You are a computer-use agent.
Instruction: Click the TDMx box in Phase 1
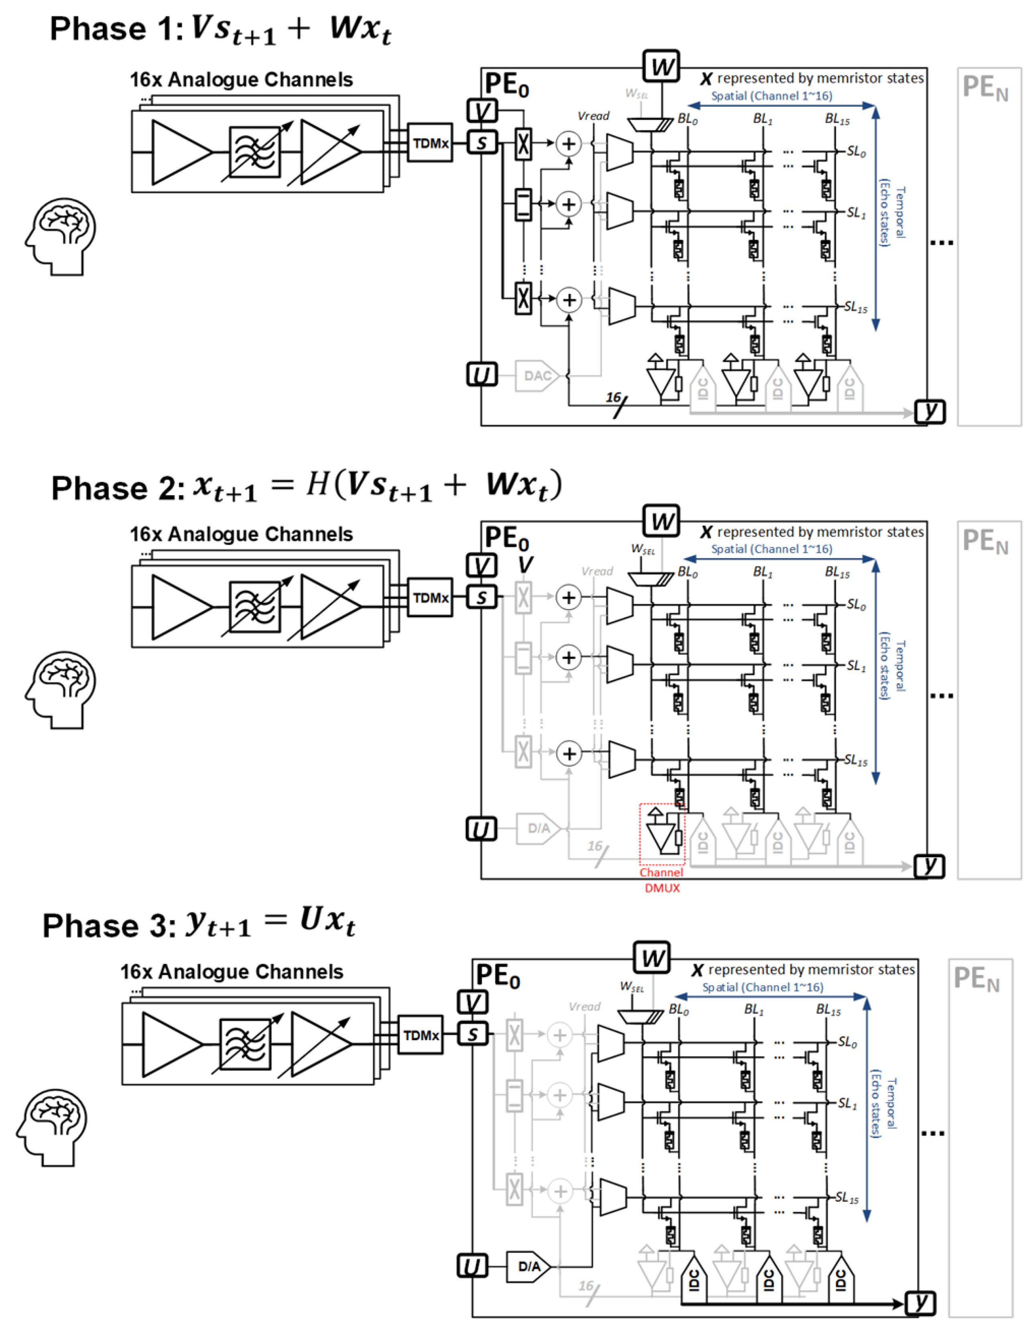tap(430, 143)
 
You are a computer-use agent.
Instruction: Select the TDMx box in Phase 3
tap(420, 1035)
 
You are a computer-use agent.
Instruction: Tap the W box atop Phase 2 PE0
tap(661, 522)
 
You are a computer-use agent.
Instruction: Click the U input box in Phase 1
tap(482, 375)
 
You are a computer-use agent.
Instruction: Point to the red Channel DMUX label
tap(661, 880)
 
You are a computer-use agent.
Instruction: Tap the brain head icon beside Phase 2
tap(61, 689)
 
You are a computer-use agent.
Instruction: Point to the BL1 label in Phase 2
tap(763, 572)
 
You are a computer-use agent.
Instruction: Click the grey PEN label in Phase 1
tap(985, 88)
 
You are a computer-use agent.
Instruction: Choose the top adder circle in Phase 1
tap(569, 144)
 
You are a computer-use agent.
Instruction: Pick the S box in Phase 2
tap(482, 597)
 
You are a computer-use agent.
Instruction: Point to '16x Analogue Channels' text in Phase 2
tap(242, 534)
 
